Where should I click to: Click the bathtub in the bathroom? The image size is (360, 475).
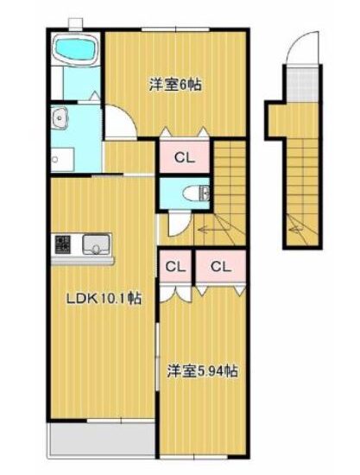click(75, 48)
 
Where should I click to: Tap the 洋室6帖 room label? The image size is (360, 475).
click(175, 85)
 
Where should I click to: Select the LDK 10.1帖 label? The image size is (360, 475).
click(104, 299)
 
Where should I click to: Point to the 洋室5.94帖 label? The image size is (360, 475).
click(203, 370)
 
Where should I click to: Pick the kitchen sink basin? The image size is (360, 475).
click(96, 244)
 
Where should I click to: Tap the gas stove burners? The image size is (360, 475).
click(62, 244)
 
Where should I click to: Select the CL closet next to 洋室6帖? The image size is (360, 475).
click(185, 157)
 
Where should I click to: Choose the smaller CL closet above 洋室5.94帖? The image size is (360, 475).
click(175, 267)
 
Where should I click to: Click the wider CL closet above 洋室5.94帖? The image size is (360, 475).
click(220, 267)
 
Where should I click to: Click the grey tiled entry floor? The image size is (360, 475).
click(301, 85)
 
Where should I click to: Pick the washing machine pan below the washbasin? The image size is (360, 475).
click(62, 160)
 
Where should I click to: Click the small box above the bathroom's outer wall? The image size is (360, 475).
click(75, 23)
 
